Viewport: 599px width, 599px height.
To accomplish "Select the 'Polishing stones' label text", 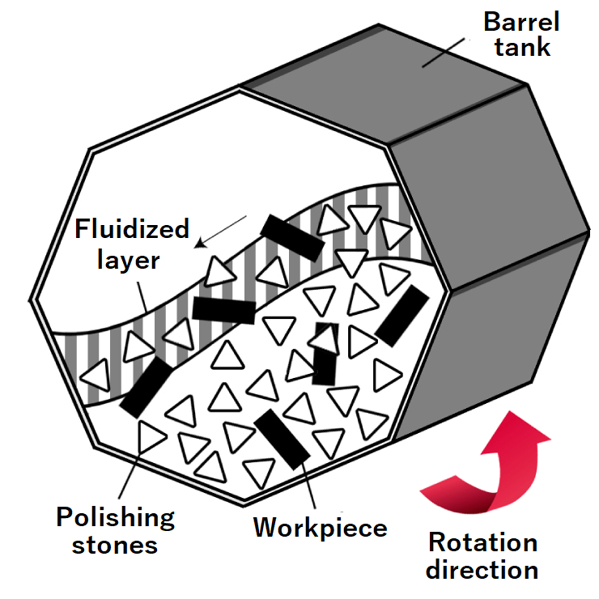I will (x=116, y=530).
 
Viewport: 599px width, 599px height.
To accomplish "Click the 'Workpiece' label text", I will (x=320, y=528).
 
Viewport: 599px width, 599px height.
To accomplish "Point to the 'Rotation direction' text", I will (x=482, y=555).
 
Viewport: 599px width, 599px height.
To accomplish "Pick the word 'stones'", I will (x=116, y=544).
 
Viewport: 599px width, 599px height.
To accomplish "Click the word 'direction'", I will (x=482, y=569).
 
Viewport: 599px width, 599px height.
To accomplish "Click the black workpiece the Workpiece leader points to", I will (x=281, y=438).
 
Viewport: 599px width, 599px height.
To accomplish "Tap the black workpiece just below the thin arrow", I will (x=292, y=237).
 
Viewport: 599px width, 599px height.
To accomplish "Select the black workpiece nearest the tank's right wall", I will (x=401, y=315).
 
